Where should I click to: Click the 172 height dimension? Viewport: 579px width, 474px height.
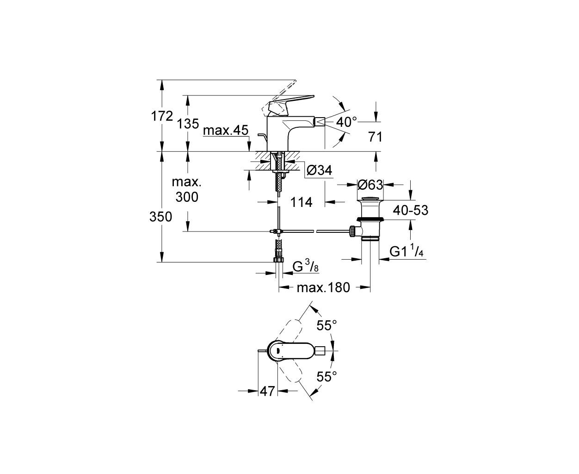(x=162, y=116)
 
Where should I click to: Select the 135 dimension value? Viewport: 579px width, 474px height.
(x=188, y=124)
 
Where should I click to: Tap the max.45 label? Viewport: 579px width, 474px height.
(x=226, y=130)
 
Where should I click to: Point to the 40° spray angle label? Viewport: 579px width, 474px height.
(x=347, y=122)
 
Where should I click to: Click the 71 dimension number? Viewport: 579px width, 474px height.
(x=375, y=137)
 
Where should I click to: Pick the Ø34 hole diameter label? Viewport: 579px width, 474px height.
(x=319, y=170)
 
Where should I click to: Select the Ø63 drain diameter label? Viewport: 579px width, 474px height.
(x=370, y=185)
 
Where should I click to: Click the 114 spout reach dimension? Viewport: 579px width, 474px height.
(x=301, y=203)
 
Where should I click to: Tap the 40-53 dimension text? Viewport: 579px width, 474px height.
(x=411, y=211)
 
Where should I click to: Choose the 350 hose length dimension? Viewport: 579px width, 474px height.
(x=160, y=217)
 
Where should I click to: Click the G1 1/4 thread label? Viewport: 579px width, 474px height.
(x=407, y=251)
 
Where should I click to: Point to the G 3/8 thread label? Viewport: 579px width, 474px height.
(x=306, y=266)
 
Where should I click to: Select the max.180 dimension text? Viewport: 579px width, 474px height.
(x=323, y=288)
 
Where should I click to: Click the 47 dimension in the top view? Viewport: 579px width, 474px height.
(x=267, y=391)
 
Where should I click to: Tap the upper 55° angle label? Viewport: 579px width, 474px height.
(x=326, y=325)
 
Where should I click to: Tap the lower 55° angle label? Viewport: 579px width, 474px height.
(x=326, y=376)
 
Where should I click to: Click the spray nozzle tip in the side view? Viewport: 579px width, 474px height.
(x=320, y=121)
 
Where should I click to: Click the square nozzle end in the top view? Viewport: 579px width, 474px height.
(x=320, y=351)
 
